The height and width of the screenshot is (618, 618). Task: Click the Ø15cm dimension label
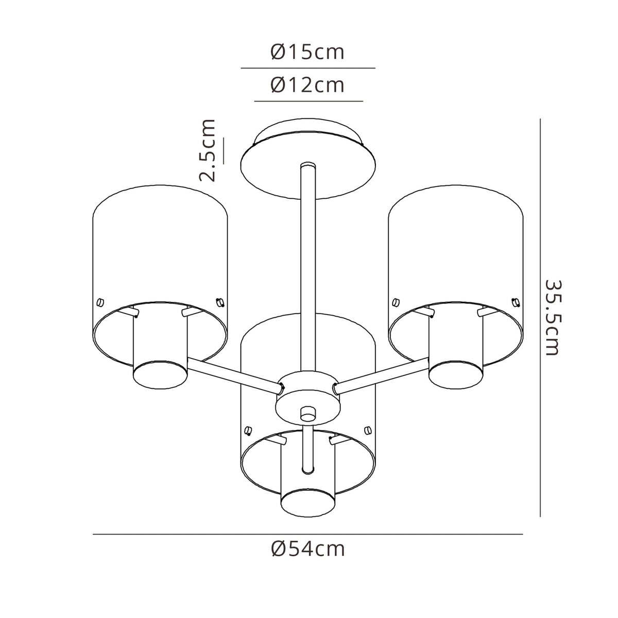tap(307, 53)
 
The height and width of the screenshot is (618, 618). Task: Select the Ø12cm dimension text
tap(307, 85)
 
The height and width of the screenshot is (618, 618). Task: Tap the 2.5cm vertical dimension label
tap(208, 150)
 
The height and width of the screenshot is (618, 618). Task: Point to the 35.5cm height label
tap(552, 317)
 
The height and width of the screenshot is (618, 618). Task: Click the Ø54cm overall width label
tap(308, 550)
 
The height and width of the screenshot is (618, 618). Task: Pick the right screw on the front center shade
tap(367, 430)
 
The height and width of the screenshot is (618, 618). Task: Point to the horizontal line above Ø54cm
tap(307, 535)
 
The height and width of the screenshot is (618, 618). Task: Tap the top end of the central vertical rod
tap(308, 166)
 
